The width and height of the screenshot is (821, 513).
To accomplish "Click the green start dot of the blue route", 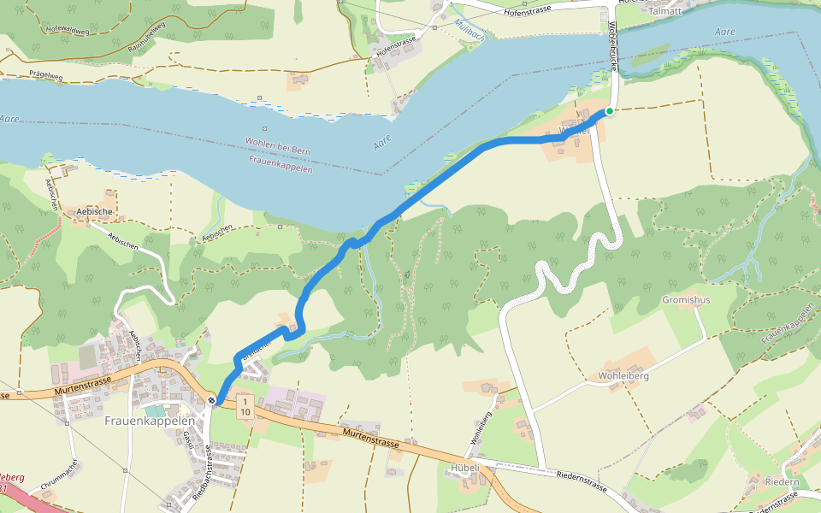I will tap(609, 111).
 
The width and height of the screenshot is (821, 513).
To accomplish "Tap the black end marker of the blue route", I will tap(210, 400).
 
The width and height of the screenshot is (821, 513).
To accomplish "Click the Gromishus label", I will tap(685, 300).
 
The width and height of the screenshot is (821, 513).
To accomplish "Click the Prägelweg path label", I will tap(44, 76).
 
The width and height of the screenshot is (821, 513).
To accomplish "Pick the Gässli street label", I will tap(187, 439).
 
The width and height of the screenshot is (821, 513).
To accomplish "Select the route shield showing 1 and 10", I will tap(245, 406).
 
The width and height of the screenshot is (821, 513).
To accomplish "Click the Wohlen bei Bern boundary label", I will tap(278, 151).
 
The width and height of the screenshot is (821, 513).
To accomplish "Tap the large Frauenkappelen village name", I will tap(150, 421).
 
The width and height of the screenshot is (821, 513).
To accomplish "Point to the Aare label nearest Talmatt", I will tap(724, 32).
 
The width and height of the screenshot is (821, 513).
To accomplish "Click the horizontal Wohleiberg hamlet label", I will tap(623, 376).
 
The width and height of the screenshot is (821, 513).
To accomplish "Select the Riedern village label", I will tap(782, 482).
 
